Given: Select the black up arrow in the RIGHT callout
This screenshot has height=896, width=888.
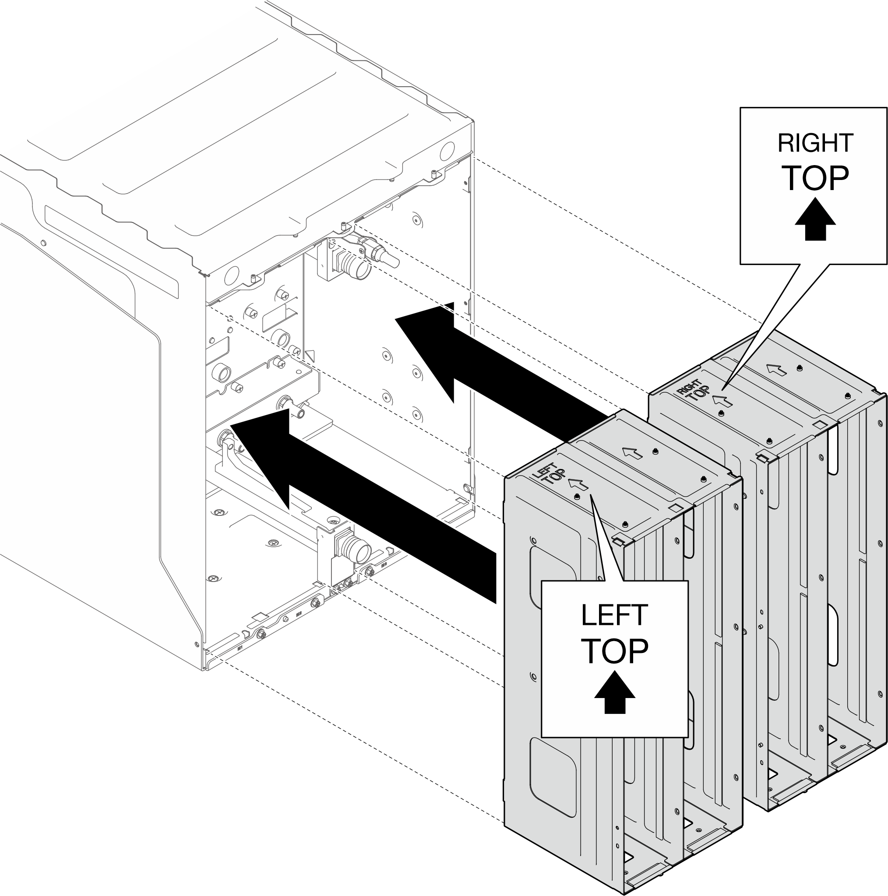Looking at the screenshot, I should coord(815,219).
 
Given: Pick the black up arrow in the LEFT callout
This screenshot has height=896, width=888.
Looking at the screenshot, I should coord(614,691).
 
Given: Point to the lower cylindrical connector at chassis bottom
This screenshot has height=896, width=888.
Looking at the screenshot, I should coord(360,550).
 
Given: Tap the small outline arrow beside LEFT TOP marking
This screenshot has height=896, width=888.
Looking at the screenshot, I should coord(578,484).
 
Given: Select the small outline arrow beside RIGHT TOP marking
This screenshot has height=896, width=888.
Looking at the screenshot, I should coord(722,400).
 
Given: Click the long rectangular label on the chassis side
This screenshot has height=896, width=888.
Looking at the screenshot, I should coord(111,251).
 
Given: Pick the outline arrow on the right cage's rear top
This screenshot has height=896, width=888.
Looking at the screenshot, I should coord(776,370).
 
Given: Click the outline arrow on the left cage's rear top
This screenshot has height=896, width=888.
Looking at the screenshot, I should coord(632,453).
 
